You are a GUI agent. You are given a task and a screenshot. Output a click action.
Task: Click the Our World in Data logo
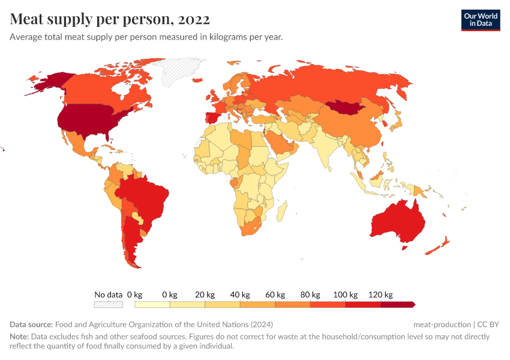pos(480,20)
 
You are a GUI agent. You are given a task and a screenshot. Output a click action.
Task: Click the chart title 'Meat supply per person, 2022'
pos(110,19)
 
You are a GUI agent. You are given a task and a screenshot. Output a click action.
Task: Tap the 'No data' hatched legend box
pos(109,304)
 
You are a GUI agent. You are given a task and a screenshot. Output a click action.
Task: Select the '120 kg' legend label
pos(380,295)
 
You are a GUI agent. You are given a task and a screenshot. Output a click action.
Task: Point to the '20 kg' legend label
pos(205,295)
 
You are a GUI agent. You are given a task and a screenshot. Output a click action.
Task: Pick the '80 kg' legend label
pos(310,295)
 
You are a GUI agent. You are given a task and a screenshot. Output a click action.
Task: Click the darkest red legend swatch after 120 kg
pos(398,304)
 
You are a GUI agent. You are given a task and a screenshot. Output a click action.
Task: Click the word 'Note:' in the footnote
pos(20,337)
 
